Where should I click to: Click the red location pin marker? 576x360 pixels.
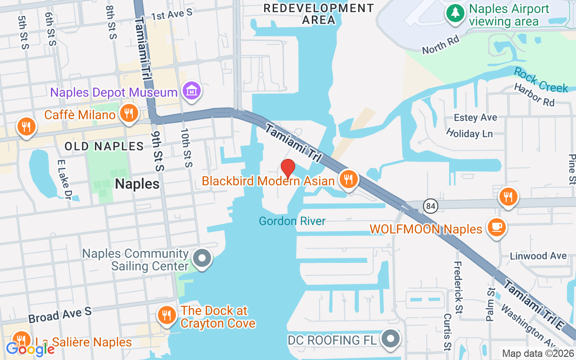point(288,169)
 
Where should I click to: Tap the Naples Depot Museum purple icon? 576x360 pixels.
point(192,91)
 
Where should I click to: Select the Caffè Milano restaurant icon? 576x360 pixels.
point(129,113)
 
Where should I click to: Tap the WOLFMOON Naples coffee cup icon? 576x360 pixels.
point(497,228)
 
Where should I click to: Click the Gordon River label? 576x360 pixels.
point(292,221)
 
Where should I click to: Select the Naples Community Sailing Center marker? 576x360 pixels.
point(202,259)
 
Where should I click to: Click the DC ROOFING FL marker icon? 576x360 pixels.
point(390,338)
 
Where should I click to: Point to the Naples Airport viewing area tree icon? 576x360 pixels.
point(455,13)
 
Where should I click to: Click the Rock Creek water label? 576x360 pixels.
point(541,80)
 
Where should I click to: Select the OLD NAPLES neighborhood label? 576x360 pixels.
point(104,146)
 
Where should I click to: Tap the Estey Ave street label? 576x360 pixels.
point(476,117)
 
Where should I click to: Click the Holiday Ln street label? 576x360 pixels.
point(469,133)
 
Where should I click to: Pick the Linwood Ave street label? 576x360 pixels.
point(538,256)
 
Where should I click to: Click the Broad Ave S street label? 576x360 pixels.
point(60,315)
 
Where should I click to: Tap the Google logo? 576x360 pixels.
point(31,348)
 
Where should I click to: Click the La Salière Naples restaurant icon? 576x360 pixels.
point(21,340)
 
